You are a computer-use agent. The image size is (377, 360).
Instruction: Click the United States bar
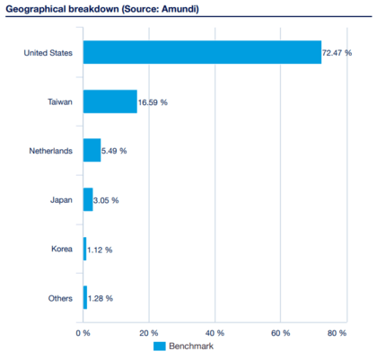coord(202,52)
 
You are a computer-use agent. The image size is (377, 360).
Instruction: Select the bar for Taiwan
coord(110,101)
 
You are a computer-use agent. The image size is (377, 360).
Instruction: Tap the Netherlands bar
coord(92,150)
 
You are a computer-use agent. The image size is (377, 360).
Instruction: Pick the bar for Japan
coord(88,199)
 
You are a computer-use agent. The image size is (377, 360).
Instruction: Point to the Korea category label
coord(62,249)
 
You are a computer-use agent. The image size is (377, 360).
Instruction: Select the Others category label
coord(60,297)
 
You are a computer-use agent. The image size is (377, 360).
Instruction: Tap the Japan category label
coord(61,199)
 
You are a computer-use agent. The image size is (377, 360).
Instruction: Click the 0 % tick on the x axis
coord(83,332)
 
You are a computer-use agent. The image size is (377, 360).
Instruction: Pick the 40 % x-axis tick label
coord(215,332)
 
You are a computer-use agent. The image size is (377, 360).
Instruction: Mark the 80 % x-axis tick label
coord(337,332)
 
